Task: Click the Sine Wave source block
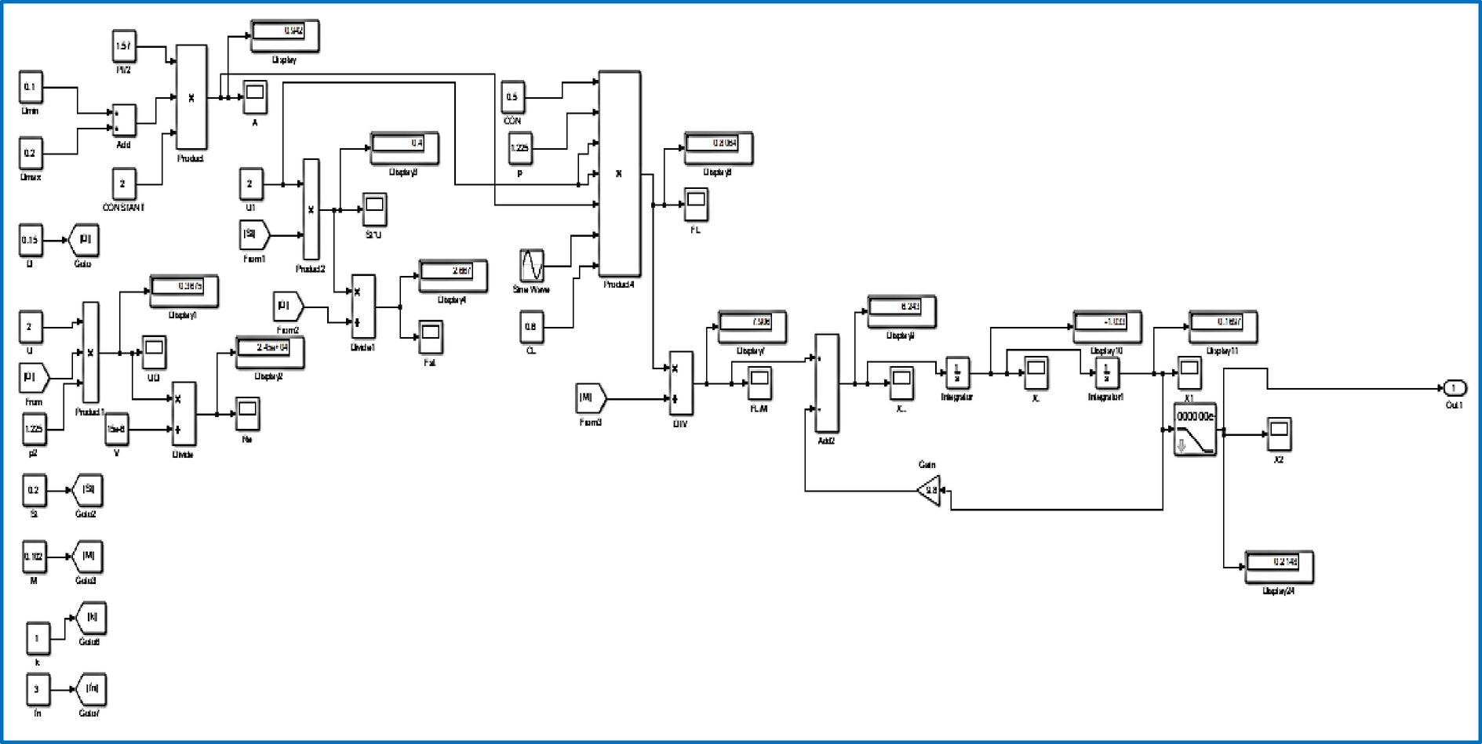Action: click(x=531, y=266)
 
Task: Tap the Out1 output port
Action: click(x=1454, y=388)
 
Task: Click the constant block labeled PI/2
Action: click(x=123, y=46)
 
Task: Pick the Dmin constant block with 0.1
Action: click(x=31, y=87)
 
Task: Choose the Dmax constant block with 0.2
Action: click(x=31, y=153)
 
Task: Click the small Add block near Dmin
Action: click(x=124, y=120)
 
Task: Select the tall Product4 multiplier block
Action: click(x=619, y=173)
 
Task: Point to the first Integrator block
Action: click(x=956, y=372)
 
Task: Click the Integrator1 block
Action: click(x=1106, y=372)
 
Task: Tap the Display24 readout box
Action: click(x=1278, y=566)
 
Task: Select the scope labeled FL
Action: click(x=696, y=205)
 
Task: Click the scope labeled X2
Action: click(x=1279, y=434)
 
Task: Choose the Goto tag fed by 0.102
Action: click(x=88, y=557)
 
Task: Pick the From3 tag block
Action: click(x=590, y=398)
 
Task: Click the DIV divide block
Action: click(x=680, y=383)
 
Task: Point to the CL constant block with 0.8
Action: click(x=531, y=327)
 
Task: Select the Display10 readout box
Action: click(x=1106, y=326)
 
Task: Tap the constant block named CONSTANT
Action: click(x=123, y=184)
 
